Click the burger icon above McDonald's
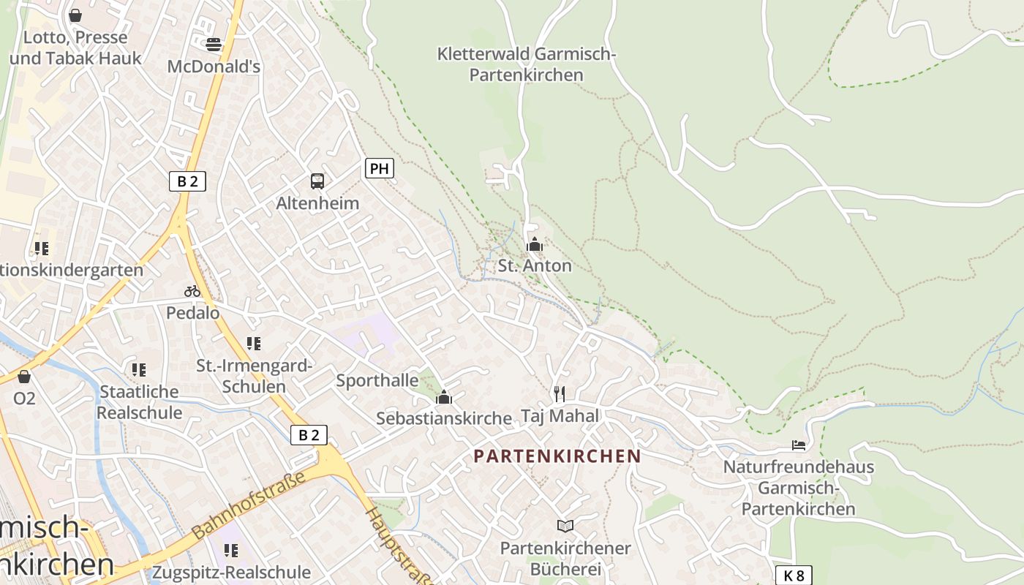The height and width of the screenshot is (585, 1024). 214,45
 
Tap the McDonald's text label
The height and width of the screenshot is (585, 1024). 214,67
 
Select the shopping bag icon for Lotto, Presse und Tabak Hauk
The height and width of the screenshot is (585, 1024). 75,15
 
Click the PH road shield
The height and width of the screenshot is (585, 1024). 379,169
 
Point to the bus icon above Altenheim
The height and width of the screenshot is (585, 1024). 317,181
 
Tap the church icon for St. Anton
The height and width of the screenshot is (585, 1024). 535,245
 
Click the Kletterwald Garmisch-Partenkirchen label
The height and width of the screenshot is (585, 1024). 527,64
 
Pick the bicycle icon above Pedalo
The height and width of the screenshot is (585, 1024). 192,291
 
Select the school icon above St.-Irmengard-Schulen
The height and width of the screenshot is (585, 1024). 254,344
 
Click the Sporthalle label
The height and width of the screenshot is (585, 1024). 377,380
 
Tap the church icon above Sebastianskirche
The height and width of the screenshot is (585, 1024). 443,398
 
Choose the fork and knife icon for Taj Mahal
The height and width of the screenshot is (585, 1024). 560,394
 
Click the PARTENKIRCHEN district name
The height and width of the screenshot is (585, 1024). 557,456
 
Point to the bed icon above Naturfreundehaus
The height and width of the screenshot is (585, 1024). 799,445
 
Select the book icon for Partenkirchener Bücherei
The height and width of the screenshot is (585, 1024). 565,526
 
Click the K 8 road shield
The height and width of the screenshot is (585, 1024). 794,575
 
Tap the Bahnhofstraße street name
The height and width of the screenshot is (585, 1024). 249,506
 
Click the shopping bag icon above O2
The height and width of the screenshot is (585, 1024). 24,377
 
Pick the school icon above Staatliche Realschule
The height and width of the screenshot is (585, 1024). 138,370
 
